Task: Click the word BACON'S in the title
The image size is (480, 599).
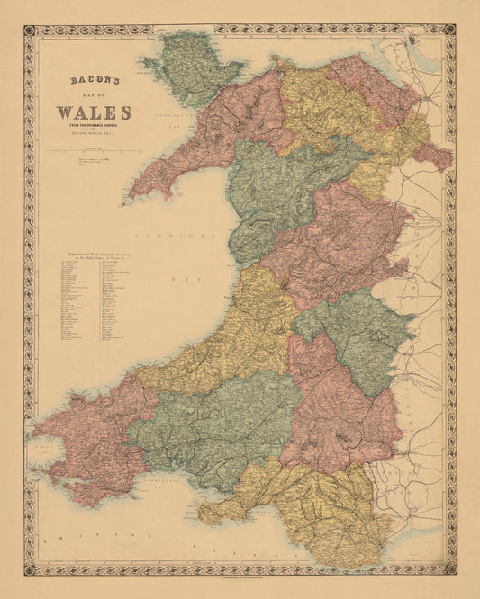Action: point(94,80)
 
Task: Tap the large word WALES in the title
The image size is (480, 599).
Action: point(94,113)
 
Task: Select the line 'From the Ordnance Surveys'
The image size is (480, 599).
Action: point(94,129)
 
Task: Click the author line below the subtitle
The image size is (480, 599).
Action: point(94,138)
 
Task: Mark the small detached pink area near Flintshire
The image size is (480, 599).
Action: point(433,155)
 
